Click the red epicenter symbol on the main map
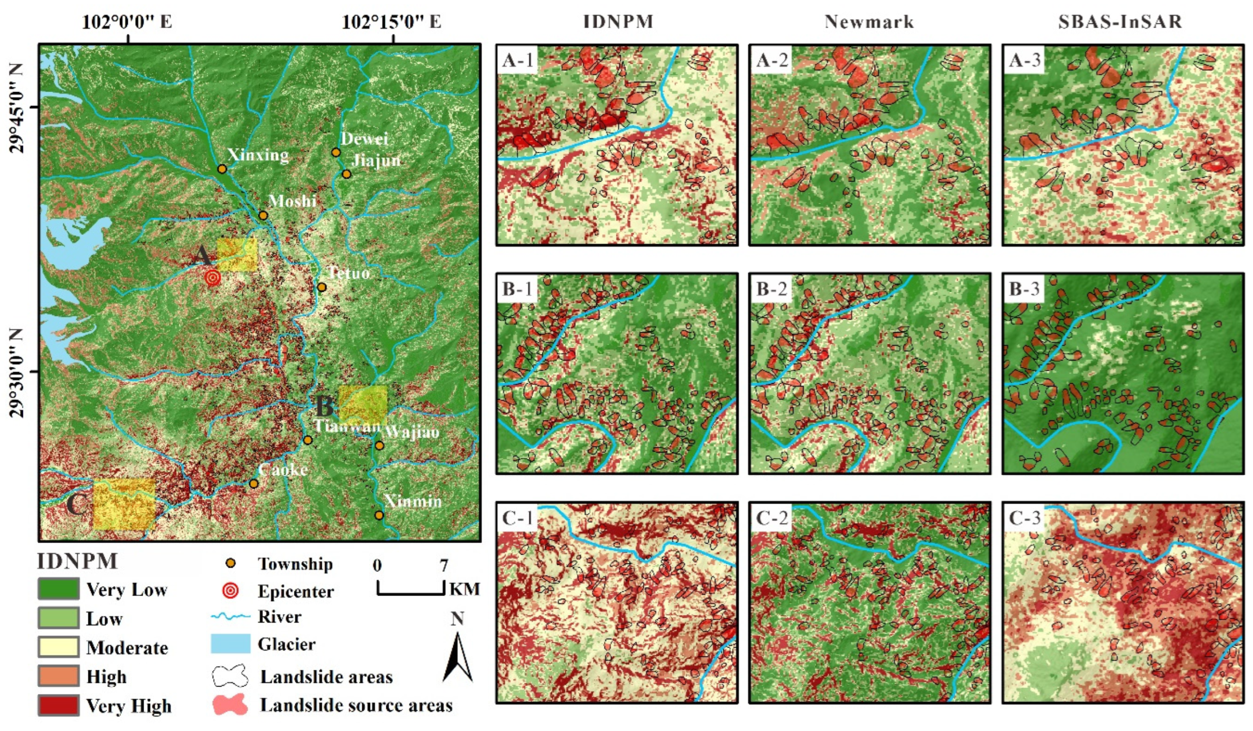tap(213, 277)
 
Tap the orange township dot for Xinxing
tap(222, 169)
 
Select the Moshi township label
tap(292, 201)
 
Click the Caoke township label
tap(283, 469)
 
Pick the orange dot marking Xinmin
tap(379, 515)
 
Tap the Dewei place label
tap(365, 139)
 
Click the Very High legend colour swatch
tap(58, 705)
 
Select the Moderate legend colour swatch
tap(58, 647)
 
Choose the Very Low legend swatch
tap(58, 589)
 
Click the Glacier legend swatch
tap(230, 644)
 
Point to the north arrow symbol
tap(457, 656)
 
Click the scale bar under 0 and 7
tap(410, 593)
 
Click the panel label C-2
tap(771, 518)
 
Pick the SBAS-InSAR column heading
tap(1120, 22)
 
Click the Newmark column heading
tap(869, 22)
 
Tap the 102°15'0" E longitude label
tap(392, 22)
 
